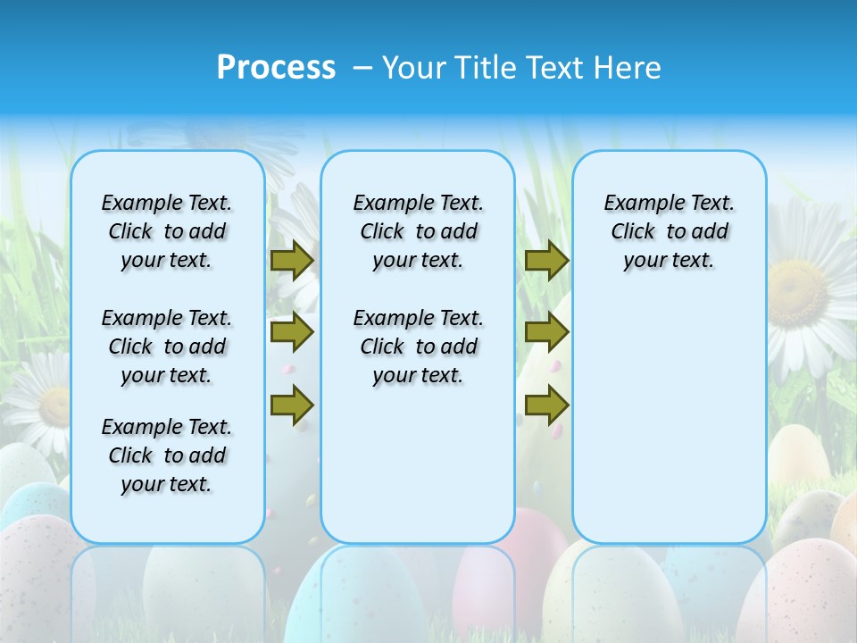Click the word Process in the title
tap(276, 67)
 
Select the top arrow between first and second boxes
tap(292, 260)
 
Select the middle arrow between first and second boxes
tap(292, 332)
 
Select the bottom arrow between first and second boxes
tap(292, 405)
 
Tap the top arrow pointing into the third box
tap(546, 260)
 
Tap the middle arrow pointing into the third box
tap(546, 332)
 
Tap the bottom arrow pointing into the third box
tap(546, 405)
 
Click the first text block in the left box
tap(167, 231)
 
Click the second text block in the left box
tap(167, 347)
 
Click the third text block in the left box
tap(167, 455)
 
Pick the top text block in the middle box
tap(418, 231)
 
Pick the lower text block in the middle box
tap(418, 347)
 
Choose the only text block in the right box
tap(670, 231)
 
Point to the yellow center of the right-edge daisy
tap(799, 290)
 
